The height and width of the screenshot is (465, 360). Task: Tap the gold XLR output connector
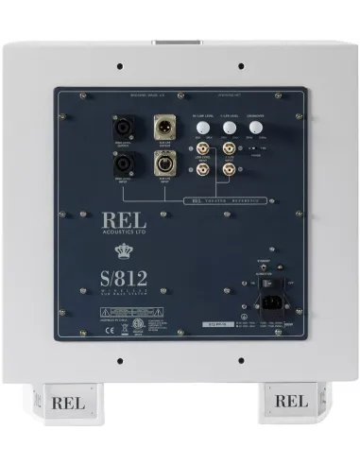161,128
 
